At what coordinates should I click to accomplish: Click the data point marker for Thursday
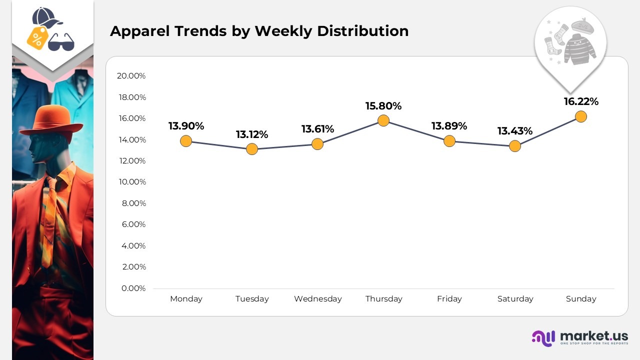(x=383, y=120)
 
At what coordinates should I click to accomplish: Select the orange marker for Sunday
(x=580, y=116)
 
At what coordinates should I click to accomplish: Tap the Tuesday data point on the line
(x=252, y=149)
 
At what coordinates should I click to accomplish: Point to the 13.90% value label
(x=186, y=126)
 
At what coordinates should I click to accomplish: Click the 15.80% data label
(x=383, y=106)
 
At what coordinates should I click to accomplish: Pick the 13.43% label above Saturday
(x=515, y=131)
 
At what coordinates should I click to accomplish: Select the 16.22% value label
(x=581, y=101)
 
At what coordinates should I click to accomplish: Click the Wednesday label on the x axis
(x=318, y=299)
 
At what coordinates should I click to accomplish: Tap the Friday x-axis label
(x=449, y=299)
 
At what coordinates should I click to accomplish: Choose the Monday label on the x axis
(x=186, y=299)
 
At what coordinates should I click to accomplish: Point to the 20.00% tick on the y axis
(x=131, y=76)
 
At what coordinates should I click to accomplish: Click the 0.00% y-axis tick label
(x=133, y=288)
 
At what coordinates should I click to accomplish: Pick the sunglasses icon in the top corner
(x=61, y=42)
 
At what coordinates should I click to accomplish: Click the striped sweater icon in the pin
(x=580, y=49)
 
